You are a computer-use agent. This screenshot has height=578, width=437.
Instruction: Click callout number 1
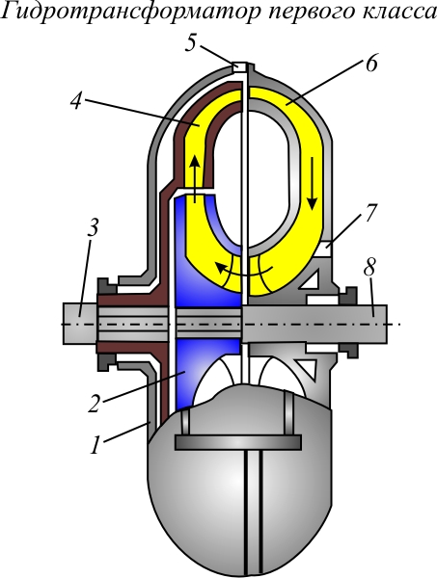[x=96, y=445]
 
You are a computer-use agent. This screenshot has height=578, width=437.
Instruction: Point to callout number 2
[x=95, y=404]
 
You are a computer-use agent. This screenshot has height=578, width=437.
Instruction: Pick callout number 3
[x=93, y=228]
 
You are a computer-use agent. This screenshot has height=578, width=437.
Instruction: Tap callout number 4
[x=76, y=100]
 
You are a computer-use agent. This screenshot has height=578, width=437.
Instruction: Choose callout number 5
[x=191, y=44]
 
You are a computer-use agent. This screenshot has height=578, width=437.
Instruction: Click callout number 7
[x=370, y=213]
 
